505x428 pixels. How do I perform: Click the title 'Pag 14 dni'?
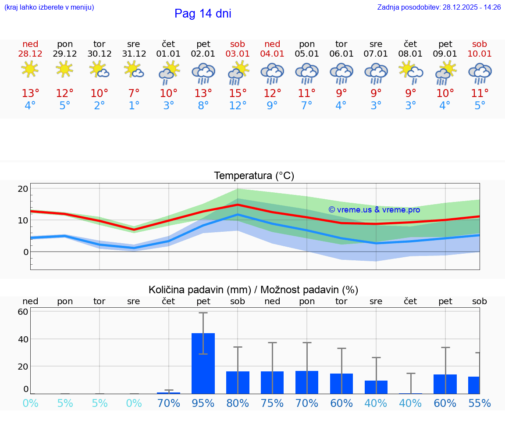203,14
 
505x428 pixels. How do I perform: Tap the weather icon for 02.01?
203,73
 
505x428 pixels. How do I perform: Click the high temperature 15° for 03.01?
238,94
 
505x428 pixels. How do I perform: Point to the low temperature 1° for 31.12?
134,106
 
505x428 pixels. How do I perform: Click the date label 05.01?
307,54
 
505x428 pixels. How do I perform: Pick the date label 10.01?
480,54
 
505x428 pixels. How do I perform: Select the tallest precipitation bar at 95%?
203,363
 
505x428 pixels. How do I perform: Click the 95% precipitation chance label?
203,403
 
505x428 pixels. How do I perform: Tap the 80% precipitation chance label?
238,403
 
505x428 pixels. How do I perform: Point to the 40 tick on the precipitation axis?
23,339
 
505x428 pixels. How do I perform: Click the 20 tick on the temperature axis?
23,189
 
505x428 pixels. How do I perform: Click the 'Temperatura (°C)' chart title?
254,176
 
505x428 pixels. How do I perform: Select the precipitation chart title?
253,290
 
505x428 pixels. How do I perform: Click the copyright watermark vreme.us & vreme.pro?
374,210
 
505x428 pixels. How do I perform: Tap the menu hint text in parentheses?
49,7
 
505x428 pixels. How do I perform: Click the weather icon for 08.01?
410,71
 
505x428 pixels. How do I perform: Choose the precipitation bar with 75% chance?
272,382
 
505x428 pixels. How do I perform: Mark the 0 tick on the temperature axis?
25,252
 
